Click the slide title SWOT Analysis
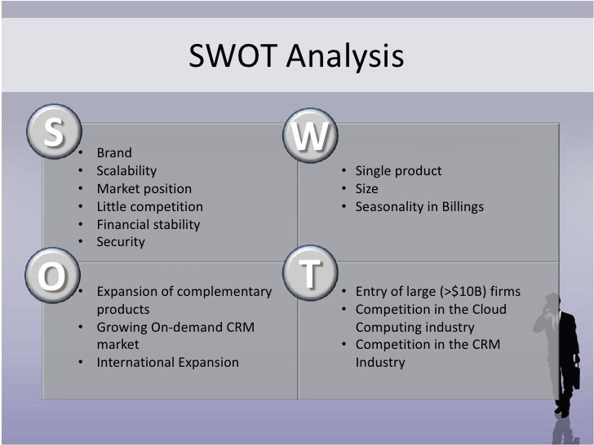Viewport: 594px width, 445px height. tap(296, 57)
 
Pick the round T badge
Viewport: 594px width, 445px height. tap(309, 274)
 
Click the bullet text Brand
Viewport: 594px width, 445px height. tap(114, 153)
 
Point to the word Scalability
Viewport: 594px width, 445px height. tap(126, 171)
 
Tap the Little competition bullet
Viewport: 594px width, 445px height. tap(149, 207)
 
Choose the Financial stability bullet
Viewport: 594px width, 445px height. tap(148, 224)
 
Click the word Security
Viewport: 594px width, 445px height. tap(121, 242)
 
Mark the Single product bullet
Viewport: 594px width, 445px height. tap(398, 171)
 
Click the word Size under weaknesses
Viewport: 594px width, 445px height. tap(367, 189)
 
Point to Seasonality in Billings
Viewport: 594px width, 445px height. tap(419, 207)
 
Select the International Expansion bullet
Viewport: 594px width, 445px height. tap(167, 362)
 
